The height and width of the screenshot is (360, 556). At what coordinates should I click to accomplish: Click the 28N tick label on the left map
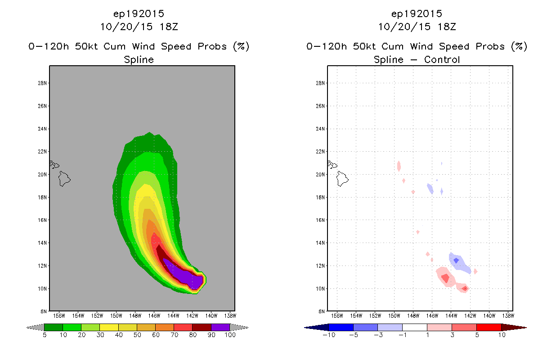point(42,83)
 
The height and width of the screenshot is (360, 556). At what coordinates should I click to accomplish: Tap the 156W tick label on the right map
point(337,316)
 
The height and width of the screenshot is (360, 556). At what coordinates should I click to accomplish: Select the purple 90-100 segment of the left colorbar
point(220,327)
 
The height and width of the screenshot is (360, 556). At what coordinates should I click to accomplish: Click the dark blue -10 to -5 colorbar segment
point(341,327)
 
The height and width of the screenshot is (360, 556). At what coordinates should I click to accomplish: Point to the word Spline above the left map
point(139,59)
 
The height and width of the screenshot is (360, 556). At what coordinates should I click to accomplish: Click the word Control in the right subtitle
point(442,59)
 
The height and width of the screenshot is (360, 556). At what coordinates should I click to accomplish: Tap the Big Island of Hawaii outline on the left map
point(64,179)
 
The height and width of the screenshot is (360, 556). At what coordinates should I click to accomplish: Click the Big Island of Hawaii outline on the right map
point(342,179)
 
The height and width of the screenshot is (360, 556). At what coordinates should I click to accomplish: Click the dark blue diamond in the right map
point(456,261)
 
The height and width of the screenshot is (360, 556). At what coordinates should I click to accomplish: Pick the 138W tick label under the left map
point(230,316)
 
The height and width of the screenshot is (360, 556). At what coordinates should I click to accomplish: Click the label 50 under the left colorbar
point(137,335)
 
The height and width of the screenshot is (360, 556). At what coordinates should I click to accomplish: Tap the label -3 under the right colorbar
point(378,335)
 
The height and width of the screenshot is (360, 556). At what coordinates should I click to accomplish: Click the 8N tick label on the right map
point(322,311)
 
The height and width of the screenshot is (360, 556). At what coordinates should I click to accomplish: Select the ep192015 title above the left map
point(139,14)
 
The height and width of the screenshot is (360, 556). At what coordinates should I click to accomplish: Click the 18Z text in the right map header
point(447,27)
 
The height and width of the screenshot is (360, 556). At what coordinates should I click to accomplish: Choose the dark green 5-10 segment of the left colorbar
point(54,327)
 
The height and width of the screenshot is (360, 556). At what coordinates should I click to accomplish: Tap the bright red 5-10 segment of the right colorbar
point(489,327)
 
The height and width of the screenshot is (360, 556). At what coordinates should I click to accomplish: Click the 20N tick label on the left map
point(42,175)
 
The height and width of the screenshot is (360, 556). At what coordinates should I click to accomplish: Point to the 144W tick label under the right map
point(451,316)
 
